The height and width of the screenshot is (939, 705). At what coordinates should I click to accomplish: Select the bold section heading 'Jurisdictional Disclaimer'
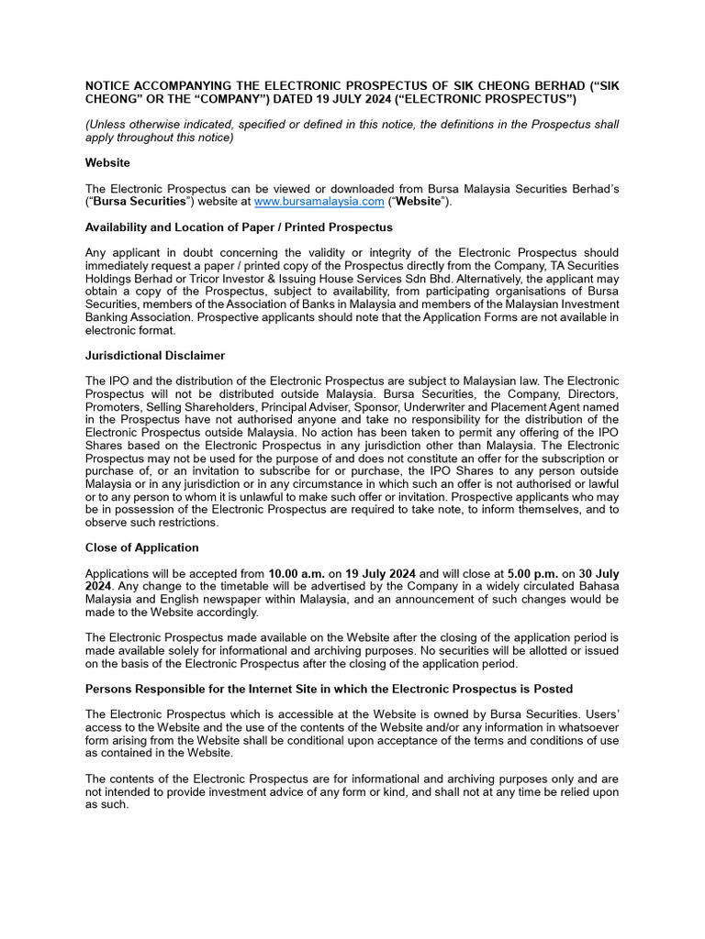pyautogui.click(x=155, y=356)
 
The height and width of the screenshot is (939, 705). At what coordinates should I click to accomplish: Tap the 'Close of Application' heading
pyautogui.click(x=141, y=547)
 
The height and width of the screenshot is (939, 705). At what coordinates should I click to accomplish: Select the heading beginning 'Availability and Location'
pyautogui.click(x=239, y=227)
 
